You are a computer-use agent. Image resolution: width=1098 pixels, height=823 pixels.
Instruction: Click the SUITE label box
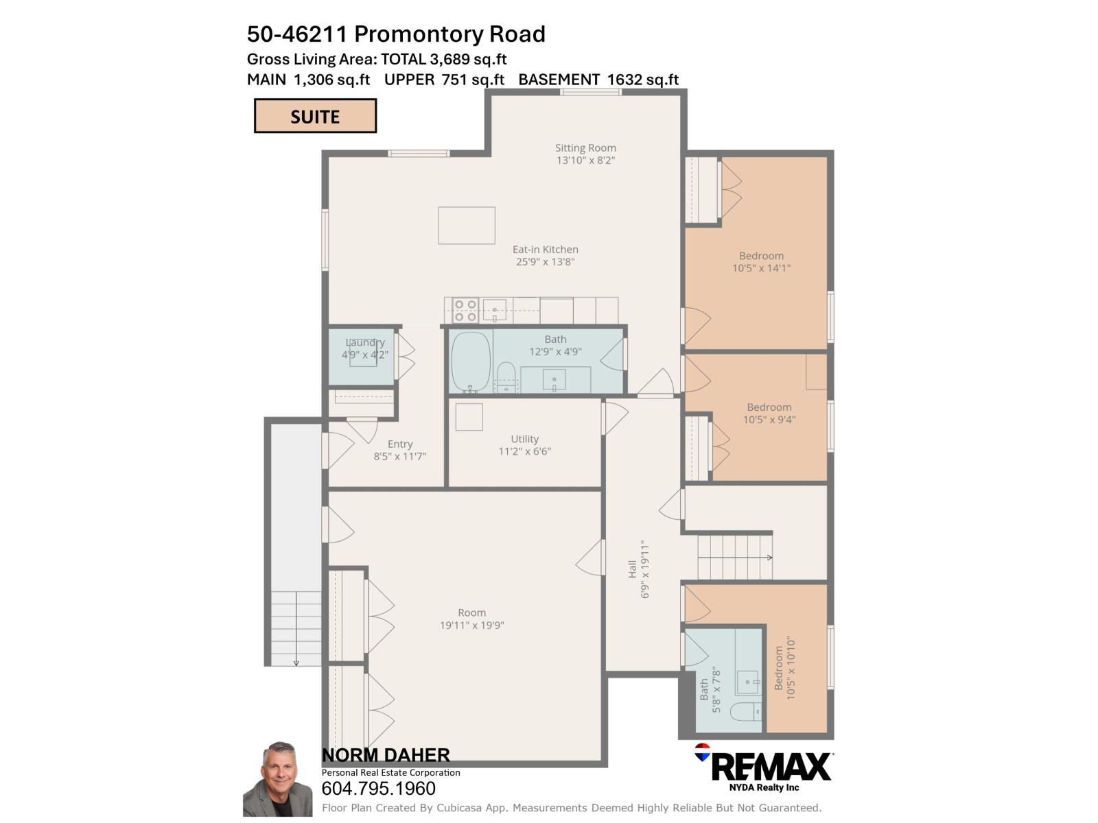tap(315, 116)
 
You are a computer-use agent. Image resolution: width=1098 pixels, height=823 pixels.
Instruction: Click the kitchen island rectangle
tap(467, 225)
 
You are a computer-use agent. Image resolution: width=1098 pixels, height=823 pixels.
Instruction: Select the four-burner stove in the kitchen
tap(466, 310)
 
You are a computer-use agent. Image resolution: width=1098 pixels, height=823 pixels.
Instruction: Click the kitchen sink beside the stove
tap(494, 309)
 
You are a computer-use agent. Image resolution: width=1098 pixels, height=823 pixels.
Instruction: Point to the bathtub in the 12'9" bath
tap(471, 361)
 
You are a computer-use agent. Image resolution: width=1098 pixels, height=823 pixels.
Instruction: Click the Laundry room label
tap(364, 342)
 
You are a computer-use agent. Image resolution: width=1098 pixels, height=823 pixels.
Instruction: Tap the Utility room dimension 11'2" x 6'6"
tap(524, 451)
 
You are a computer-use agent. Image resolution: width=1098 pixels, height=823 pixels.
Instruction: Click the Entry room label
tap(399, 444)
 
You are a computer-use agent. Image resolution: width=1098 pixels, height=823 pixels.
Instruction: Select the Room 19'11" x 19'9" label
tap(471, 619)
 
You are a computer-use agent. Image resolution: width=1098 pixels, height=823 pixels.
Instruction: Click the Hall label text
tap(632, 569)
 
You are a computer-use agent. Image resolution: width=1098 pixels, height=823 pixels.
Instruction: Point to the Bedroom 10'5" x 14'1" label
tap(761, 262)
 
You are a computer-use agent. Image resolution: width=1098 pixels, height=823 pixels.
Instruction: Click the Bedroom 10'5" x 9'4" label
tap(769, 413)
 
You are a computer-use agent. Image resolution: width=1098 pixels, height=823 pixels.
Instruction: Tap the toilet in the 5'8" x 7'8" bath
tap(745, 712)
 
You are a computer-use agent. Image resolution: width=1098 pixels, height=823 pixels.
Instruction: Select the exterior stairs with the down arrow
tap(296, 627)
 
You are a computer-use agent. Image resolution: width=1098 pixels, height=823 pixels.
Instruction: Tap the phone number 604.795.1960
tap(378, 789)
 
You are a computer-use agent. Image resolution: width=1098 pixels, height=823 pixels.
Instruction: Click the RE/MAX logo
tap(764, 767)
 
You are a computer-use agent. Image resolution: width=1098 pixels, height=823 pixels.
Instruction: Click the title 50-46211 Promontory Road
tap(396, 34)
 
